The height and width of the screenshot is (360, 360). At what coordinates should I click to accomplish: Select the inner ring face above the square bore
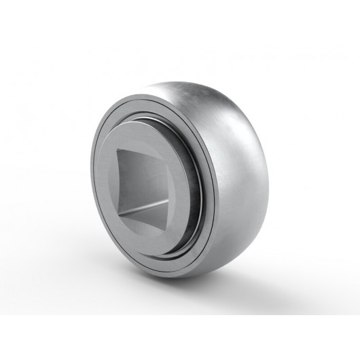tap(136, 134)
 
